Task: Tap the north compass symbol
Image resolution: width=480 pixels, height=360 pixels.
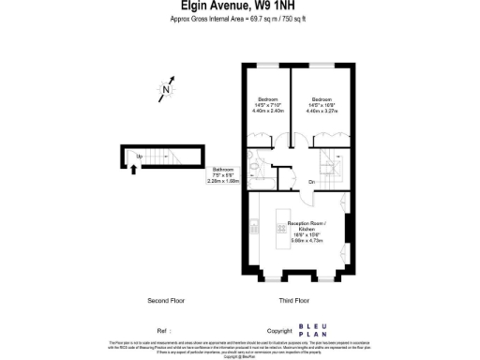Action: [x=166, y=91]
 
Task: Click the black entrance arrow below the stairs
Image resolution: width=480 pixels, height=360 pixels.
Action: [x=133, y=169]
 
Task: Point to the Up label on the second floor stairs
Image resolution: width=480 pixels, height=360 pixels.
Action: [x=140, y=156]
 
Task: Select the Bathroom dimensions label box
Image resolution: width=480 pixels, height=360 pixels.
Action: [x=225, y=176]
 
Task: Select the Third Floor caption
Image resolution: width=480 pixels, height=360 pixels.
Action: [x=294, y=301]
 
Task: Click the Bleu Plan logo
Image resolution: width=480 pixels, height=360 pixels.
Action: [x=312, y=329]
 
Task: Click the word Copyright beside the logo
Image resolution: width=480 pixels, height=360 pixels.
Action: [x=279, y=331]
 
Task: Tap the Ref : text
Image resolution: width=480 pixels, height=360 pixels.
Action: [x=164, y=331]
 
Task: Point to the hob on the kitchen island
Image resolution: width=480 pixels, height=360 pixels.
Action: [x=280, y=228]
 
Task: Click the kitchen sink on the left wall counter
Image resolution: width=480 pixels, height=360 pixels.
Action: [x=254, y=226]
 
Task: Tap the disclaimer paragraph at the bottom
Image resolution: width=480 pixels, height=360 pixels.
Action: [x=240, y=348]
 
